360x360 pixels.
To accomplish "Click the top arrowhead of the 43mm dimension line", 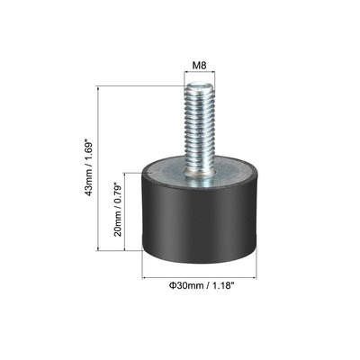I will click(x=96, y=88).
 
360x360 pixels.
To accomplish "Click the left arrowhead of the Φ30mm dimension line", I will click(x=144, y=276).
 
